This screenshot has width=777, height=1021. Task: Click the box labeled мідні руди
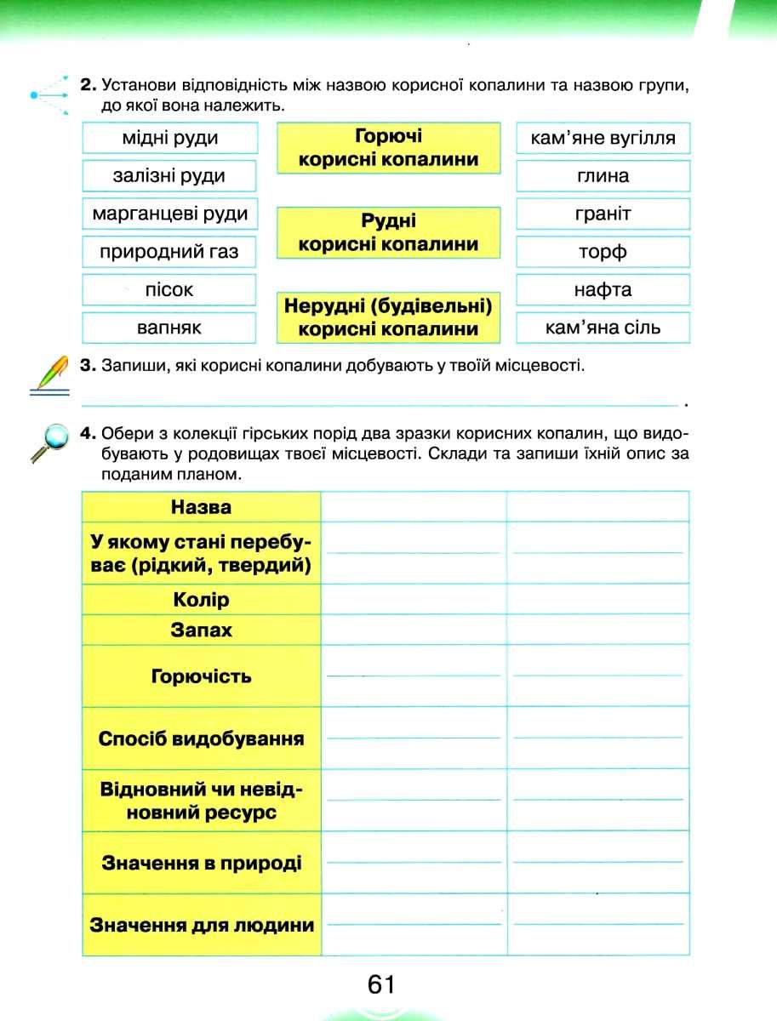[x=169, y=138]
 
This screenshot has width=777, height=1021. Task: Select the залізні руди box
[x=169, y=176]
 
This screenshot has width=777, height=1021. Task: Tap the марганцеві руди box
[x=169, y=214]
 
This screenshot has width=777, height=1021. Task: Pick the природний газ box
[x=169, y=252]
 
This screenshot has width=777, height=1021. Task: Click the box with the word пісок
[x=169, y=289]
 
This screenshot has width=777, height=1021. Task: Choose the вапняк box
[x=169, y=328]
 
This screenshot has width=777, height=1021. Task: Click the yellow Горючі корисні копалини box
[x=388, y=148]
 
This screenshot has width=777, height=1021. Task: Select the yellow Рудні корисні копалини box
[x=388, y=233]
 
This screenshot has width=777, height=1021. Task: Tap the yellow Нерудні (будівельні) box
[x=388, y=317]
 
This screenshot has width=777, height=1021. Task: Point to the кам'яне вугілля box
[x=603, y=138]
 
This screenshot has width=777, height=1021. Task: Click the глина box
[x=603, y=176]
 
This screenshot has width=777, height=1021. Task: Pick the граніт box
[x=603, y=214]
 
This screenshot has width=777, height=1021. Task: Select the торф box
[x=603, y=252]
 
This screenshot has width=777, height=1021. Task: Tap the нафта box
[x=603, y=289]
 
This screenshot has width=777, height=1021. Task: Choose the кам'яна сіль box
[x=603, y=328]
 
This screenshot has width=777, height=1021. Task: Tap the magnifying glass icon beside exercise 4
[x=49, y=442]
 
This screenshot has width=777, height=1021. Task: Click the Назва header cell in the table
[x=201, y=507]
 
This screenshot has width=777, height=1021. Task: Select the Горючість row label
[x=201, y=676]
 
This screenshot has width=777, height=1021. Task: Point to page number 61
[x=382, y=985]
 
